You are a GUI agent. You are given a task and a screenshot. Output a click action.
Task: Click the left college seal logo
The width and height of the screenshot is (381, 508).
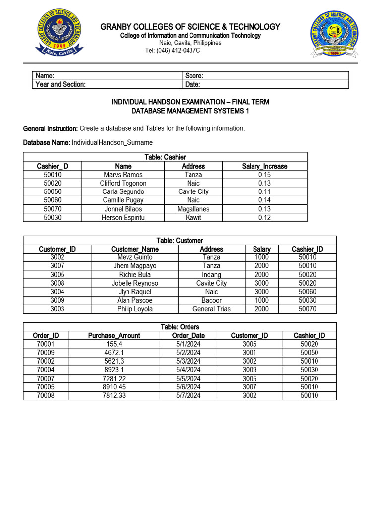[x=58, y=34]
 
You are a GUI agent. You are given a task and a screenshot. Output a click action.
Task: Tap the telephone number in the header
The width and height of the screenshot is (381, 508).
[x=173, y=50]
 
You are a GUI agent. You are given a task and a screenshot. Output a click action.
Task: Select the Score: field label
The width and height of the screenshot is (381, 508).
[x=194, y=76]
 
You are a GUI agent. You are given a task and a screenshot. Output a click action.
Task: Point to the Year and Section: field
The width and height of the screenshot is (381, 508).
[x=61, y=84]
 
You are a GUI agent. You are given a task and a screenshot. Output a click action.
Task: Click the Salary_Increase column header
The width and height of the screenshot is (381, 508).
[x=264, y=166]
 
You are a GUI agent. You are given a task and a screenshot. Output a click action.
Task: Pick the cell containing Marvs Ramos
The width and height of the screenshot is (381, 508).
[x=123, y=175]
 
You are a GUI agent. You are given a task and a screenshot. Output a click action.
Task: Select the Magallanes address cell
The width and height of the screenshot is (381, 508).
[x=193, y=209]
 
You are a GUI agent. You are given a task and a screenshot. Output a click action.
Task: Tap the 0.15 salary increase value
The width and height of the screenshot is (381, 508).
[x=264, y=175]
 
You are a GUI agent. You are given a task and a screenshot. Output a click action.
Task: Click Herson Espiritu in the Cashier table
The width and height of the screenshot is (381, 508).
[x=123, y=218]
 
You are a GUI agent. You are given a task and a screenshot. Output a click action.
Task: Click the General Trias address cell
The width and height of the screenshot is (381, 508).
[x=211, y=309]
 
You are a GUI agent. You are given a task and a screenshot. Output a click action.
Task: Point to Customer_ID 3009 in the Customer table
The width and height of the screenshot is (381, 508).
[x=57, y=300]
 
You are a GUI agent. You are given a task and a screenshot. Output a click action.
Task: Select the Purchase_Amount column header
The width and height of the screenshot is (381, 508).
[x=114, y=336]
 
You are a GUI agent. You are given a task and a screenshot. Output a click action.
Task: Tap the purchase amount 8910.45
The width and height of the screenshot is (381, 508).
[x=114, y=387]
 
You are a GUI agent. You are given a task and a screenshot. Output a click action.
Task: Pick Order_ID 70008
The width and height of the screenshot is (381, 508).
[x=46, y=395]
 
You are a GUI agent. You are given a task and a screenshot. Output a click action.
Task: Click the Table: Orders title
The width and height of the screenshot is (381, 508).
[x=180, y=327]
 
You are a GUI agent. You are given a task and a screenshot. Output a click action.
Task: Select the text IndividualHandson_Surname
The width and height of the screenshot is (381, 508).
[x=112, y=142]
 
